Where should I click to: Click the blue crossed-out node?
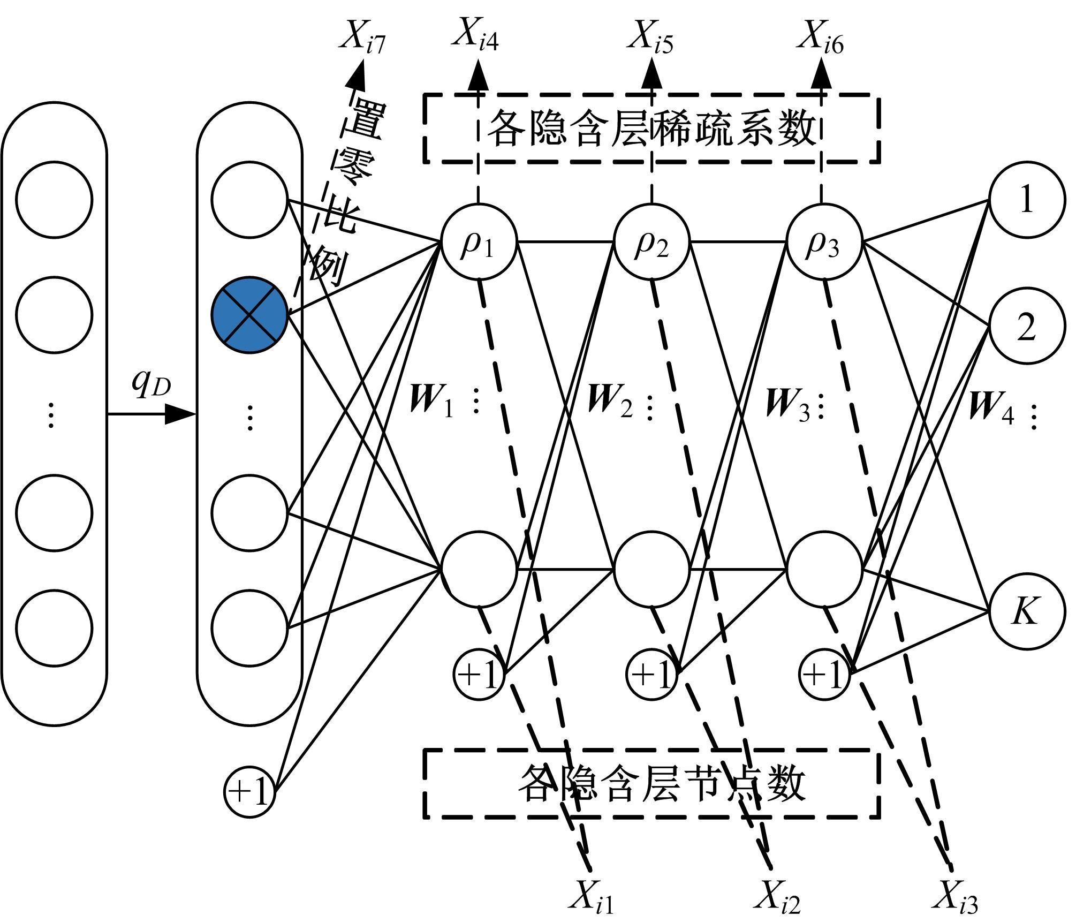coord(249,315)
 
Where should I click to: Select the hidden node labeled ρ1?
coord(479,242)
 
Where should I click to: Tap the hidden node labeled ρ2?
coord(651,242)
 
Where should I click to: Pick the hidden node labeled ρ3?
coord(824,242)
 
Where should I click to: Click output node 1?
coord(1026,200)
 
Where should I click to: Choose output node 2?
coord(1026,327)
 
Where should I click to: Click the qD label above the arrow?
coord(151,384)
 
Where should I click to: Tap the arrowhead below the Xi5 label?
coord(651,74)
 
